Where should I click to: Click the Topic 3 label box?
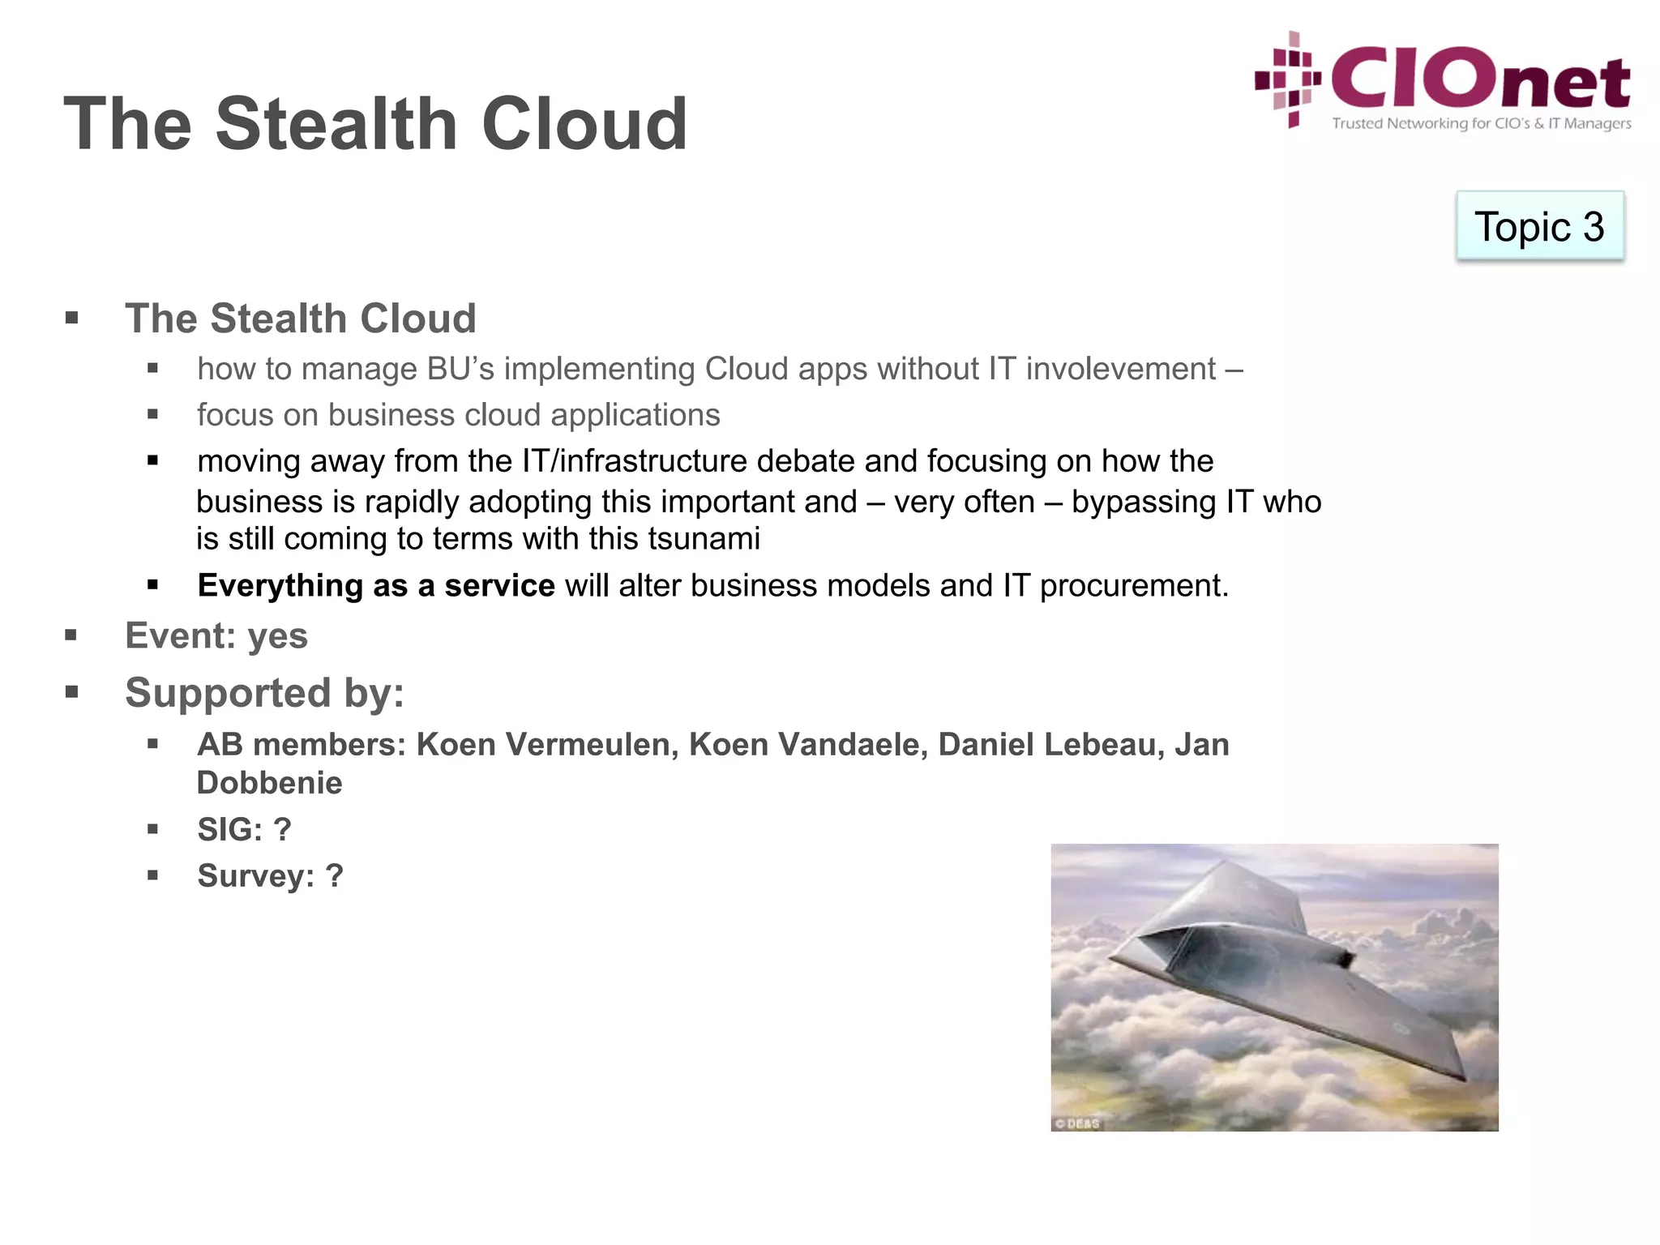[x=1539, y=226]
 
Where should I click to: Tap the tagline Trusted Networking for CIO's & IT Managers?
[x=1481, y=124]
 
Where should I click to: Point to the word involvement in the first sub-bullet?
[x=1121, y=370]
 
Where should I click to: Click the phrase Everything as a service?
[x=376, y=585]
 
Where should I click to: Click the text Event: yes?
[x=216, y=635]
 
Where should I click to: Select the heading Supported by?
[x=264, y=693]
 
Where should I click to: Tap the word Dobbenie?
[x=269, y=783]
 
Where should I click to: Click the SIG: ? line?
[x=244, y=829]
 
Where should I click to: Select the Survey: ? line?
[x=270, y=875]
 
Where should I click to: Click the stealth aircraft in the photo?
[x=1281, y=973]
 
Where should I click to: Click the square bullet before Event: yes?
[x=71, y=635]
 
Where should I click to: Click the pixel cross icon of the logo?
[x=1289, y=79]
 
